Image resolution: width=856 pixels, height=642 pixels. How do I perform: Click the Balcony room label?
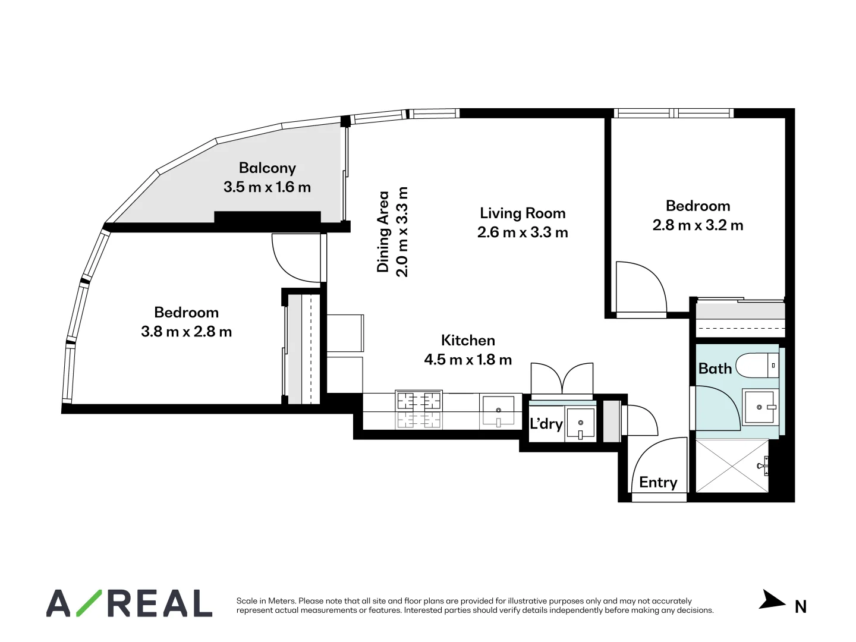(x=267, y=168)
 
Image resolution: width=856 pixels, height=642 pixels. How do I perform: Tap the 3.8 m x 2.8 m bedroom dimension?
(x=186, y=332)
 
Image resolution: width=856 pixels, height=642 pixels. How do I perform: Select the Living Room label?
(x=523, y=213)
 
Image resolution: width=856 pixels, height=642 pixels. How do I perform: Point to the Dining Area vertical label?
(x=383, y=232)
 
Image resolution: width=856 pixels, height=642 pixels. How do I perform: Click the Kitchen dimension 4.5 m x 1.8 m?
(x=468, y=360)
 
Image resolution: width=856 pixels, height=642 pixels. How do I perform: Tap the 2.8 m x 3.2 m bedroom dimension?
(x=698, y=225)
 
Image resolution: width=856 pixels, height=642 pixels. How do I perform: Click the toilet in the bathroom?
(x=756, y=365)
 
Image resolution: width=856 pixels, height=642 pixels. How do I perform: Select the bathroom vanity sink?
(x=759, y=407)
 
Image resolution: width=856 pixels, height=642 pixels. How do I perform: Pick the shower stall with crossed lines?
(x=732, y=465)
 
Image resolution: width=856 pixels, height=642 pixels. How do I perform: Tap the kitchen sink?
(x=498, y=410)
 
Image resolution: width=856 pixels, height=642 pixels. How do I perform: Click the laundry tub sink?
(x=580, y=424)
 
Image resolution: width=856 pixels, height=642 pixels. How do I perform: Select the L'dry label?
(x=546, y=424)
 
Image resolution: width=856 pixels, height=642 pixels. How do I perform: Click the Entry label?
(x=658, y=482)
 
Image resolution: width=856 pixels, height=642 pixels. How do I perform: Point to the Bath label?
(x=715, y=369)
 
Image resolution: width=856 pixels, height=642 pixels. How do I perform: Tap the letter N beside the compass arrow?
(x=801, y=607)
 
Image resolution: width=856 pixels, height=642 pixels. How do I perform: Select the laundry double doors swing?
(x=562, y=379)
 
